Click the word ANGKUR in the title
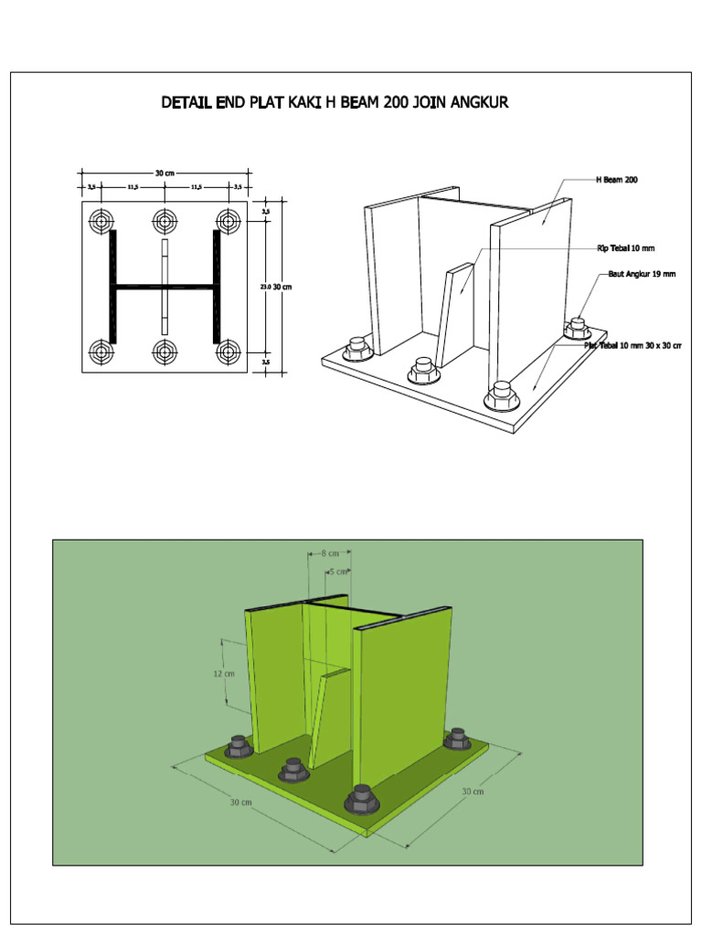click(472, 102)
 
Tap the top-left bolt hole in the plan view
click(101, 220)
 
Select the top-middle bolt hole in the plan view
click(165, 220)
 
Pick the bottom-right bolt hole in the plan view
click(227, 351)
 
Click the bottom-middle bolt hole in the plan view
click(165, 351)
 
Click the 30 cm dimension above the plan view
click(165, 173)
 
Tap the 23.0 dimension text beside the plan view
click(265, 287)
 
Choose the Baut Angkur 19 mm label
click(641, 274)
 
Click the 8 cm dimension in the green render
click(330, 552)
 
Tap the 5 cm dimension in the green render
click(339, 571)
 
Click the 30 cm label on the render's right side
click(473, 791)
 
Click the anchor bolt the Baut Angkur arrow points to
click(577, 326)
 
